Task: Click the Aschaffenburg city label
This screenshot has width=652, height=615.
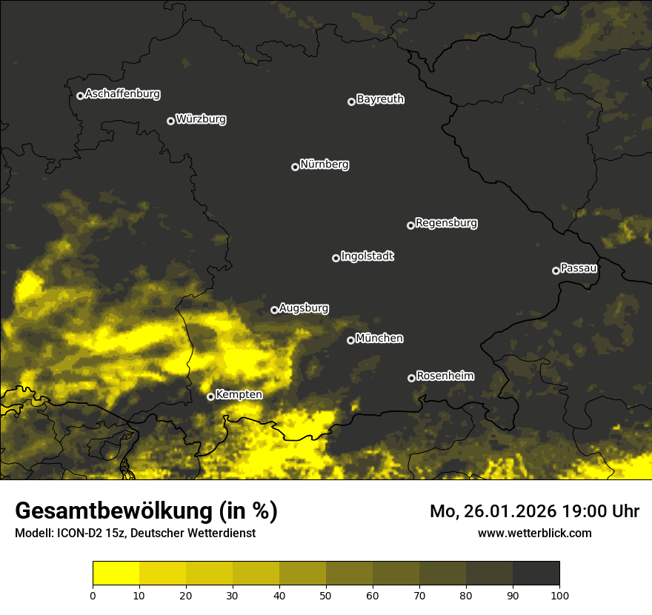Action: pyautogui.click(x=122, y=94)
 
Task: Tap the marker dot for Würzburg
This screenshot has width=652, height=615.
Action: pyautogui.click(x=170, y=121)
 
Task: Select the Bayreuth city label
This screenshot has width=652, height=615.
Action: pyautogui.click(x=380, y=99)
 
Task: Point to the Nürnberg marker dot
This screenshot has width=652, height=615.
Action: pyautogui.click(x=295, y=167)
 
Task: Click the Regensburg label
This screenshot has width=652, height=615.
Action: pyautogui.click(x=446, y=223)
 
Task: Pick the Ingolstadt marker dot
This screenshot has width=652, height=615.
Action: pyautogui.click(x=336, y=258)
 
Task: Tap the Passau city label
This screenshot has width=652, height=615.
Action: pyautogui.click(x=579, y=268)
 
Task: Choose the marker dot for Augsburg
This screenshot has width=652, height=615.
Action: pyautogui.click(x=274, y=310)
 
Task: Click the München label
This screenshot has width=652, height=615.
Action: pyautogui.click(x=379, y=339)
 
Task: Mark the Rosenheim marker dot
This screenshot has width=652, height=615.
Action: pyautogui.click(x=411, y=378)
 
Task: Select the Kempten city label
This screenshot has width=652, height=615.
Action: pyautogui.click(x=239, y=395)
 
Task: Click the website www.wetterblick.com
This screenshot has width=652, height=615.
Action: pyautogui.click(x=535, y=533)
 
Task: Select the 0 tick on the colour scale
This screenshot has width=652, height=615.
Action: pyautogui.click(x=93, y=595)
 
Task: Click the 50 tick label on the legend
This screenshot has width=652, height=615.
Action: pyautogui.click(x=326, y=595)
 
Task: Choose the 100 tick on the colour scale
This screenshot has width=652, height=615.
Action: pyautogui.click(x=559, y=595)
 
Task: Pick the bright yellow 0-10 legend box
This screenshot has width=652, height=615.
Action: pyautogui.click(x=116, y=574)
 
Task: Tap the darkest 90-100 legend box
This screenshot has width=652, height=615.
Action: pyautogui.click(x=536, y=574)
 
